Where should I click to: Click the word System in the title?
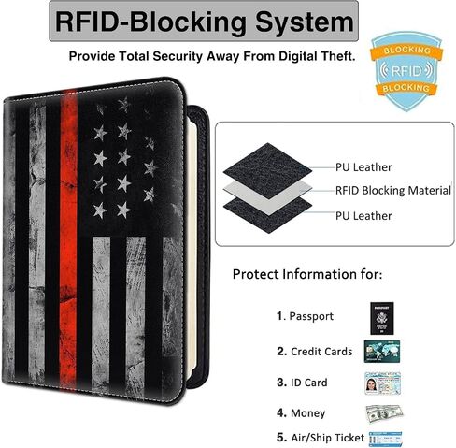[x=305, y=22]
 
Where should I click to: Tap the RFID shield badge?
[x=406, y=71]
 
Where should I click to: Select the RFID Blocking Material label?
[x=393, y=191]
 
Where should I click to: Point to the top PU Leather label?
[x=363, y=167]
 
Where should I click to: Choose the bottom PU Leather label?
[x=363, y=216]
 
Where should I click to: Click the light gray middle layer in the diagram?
[x=268, y=194]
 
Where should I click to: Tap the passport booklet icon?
[x=382, y=318]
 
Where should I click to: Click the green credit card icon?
[x=382, y=352]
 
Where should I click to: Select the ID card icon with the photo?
[x=382, y=383]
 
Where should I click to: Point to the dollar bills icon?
[x=384, y=413]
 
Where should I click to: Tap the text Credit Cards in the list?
[x=321, y=352]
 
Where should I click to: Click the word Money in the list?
[x=307, y=413]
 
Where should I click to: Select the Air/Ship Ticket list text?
[x=327, y=438]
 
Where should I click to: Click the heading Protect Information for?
[x=307, y=274]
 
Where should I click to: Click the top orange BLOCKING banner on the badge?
[x=406, y=51]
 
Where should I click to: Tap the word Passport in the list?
[x=311, y=316]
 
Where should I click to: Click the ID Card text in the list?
[x=308, y=383]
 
